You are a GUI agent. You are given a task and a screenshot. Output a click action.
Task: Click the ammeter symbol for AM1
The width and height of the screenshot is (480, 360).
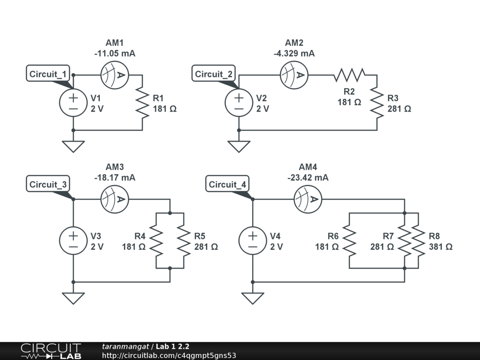114,75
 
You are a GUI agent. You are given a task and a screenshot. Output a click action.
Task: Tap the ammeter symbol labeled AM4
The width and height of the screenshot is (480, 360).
307,199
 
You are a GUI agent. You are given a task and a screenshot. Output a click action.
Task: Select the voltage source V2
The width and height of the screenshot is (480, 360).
239,103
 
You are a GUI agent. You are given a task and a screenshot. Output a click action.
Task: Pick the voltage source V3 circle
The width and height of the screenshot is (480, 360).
73,240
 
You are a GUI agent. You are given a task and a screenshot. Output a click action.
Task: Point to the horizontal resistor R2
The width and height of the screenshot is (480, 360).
349,75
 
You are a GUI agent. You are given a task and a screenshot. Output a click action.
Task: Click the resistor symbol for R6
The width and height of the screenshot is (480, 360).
350,240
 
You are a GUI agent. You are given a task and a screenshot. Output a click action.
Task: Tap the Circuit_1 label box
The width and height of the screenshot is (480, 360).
48,74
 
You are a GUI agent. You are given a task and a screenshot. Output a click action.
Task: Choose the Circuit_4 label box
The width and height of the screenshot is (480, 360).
227,184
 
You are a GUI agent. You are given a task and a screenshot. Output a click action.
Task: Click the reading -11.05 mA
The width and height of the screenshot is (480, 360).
115,54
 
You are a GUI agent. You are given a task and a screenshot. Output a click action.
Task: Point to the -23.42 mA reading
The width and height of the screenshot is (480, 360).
308,178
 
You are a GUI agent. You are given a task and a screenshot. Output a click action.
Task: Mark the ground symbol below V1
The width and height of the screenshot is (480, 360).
73,146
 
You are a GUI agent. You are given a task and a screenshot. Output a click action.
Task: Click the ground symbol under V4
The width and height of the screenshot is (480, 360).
253,298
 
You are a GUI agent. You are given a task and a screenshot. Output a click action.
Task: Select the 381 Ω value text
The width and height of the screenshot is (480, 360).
441,247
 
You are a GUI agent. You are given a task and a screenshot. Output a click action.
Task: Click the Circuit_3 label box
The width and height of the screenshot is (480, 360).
48,184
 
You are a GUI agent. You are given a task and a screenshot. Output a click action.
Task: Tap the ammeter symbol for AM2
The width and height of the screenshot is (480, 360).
294,75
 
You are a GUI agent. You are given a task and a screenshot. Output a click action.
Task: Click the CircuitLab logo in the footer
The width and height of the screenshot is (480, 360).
51,351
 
